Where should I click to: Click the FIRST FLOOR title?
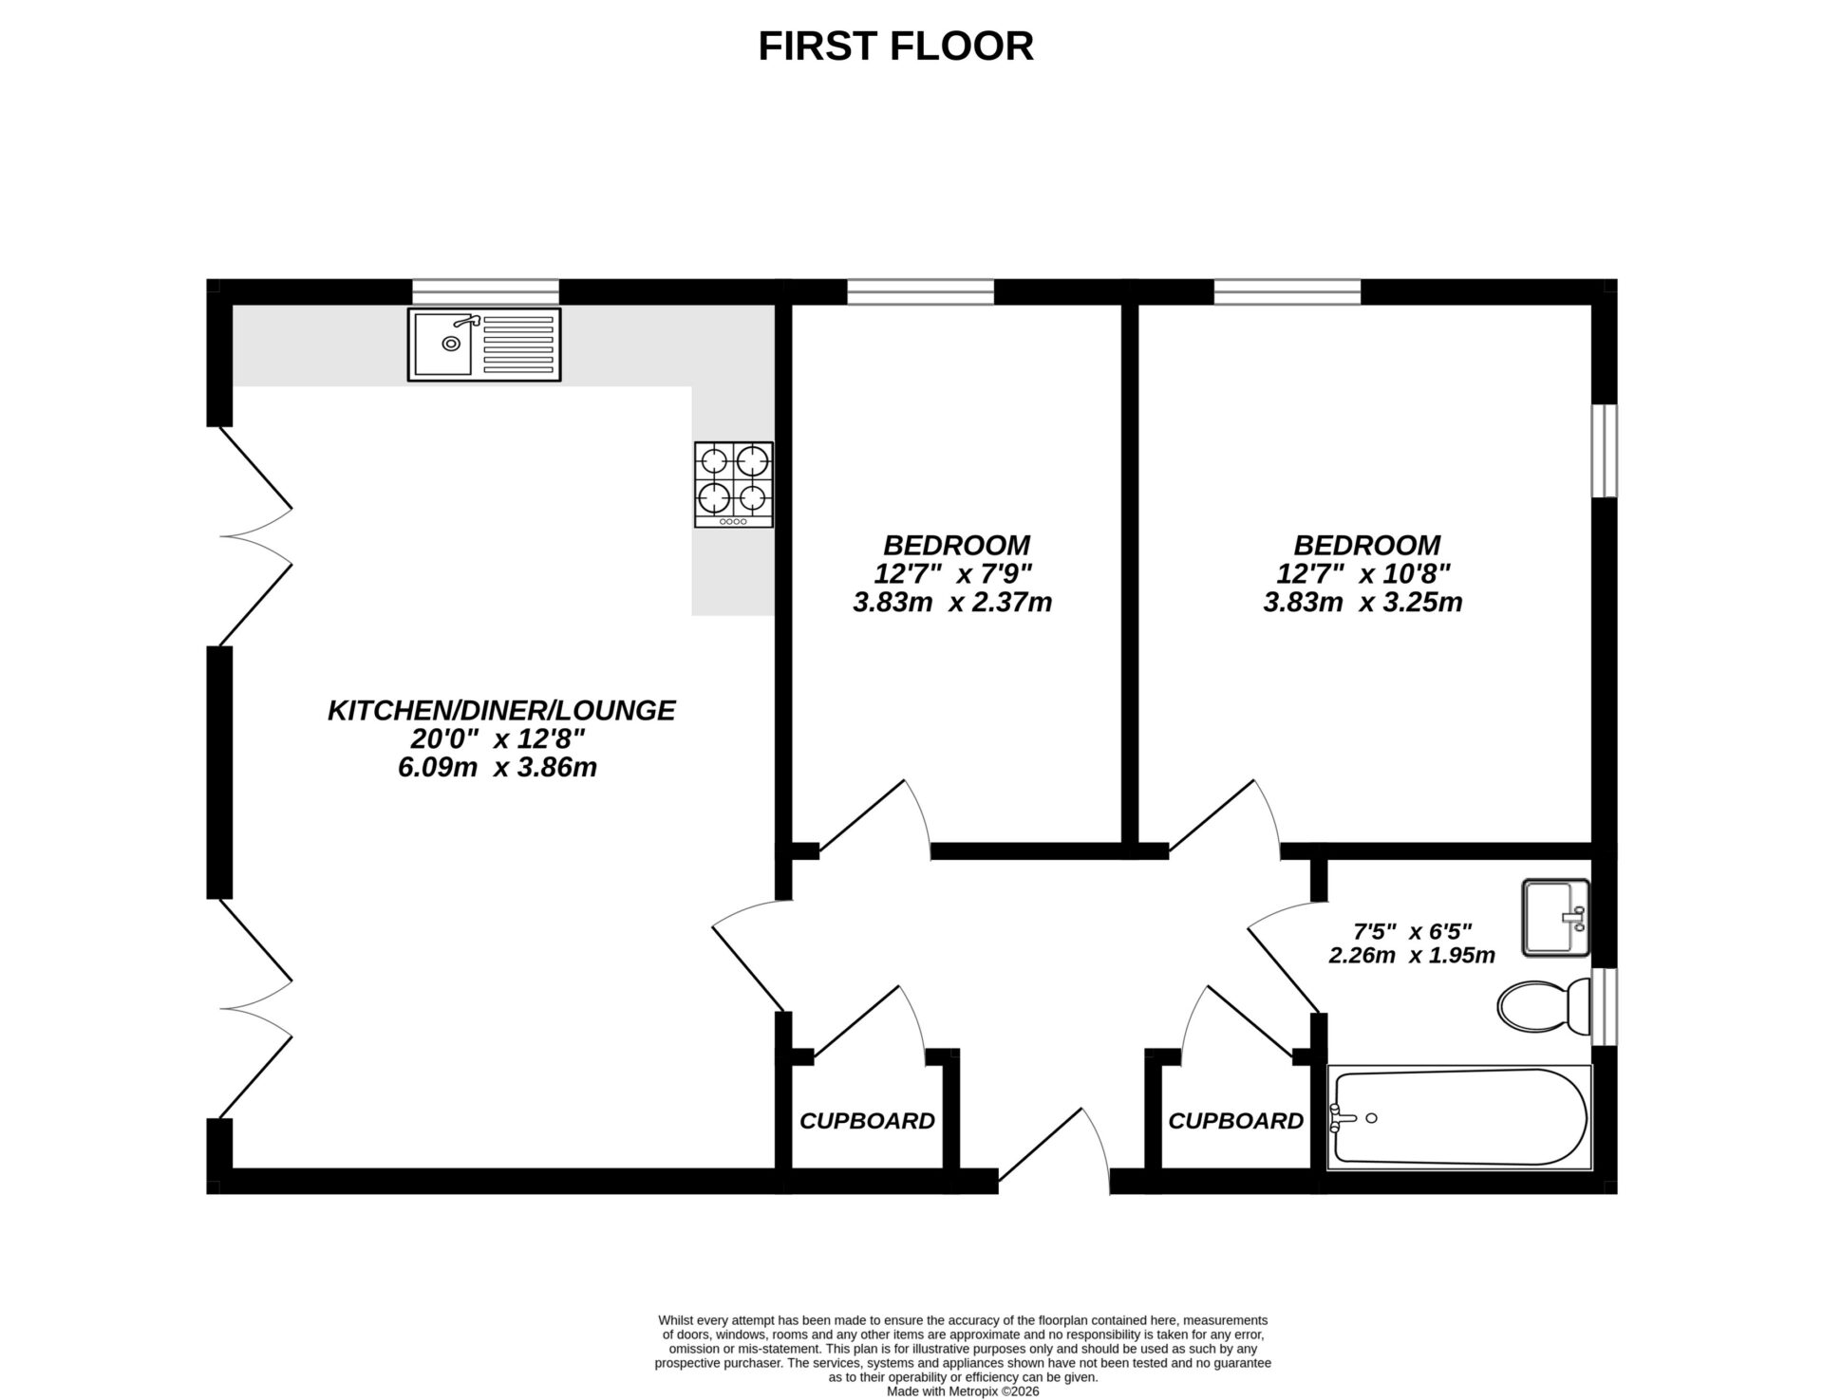[895, 46]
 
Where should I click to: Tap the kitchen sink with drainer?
[484, 345]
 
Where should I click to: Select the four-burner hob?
[733, 484]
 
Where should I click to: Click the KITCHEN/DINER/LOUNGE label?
[501, 710]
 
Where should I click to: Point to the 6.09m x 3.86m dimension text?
[498, 767]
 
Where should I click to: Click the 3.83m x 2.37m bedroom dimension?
[952, 602]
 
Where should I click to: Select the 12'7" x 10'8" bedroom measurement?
[1363, 573]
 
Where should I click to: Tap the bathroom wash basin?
[1555, 917]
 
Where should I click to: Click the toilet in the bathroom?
[1544, 1006]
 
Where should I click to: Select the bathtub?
[1458, 1117]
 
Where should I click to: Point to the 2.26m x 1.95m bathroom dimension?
[1412, 955]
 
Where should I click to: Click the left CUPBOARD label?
[867, 1121]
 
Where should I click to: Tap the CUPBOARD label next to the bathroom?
[1235, 1121]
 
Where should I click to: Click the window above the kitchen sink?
[485, 291]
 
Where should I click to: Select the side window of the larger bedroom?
[1604, 451]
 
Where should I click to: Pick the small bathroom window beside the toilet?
[1604, 1006]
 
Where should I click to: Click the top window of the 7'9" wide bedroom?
[920, 291]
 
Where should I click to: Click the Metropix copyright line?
[963, 1391]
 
